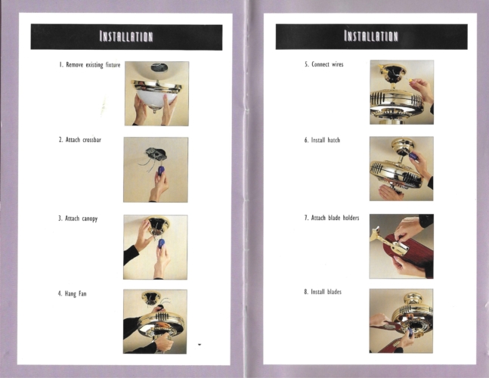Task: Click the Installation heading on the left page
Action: coord(126,36)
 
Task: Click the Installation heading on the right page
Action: coord(371,36)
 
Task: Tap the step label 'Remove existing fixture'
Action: coord(90,65)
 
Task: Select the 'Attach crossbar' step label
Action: coord(80,140)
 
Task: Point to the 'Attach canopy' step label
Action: coord(78,218)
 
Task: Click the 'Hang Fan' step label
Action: coord(72,293)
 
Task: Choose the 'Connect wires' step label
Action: coord(324,64)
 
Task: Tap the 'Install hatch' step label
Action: coord(322,140)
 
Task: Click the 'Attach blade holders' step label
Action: coord(332,218)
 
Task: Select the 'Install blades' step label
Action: coord(323,292)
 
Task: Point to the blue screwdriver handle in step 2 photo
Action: coord(161,171)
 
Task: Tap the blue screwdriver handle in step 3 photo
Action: coord(161,243)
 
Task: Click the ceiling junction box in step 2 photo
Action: coord(156,153)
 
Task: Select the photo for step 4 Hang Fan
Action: coord(155,321)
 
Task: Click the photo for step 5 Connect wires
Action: coord(401,92)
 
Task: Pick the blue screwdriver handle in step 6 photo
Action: coord(413,156)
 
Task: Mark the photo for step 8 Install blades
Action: coord(401,321)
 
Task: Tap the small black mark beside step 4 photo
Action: coord(200,345)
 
